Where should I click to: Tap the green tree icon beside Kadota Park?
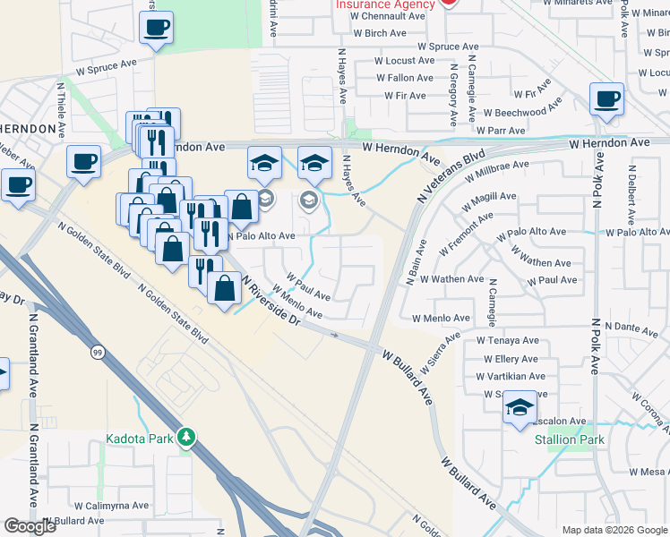(187, 438)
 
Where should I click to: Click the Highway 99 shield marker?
(95, 353)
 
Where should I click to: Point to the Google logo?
(30, 526)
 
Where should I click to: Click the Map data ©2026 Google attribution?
(614, 530)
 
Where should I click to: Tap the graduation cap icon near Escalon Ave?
(520, 407)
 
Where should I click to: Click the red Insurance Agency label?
(385, 4)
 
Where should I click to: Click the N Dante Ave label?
(630, 329)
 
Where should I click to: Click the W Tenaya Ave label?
(507, 340)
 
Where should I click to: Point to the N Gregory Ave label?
(455, 94)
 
